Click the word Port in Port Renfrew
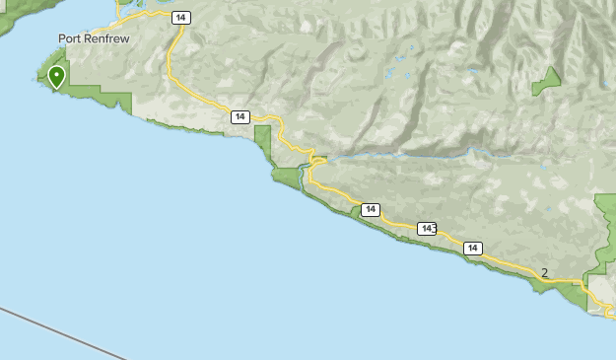[71, 38]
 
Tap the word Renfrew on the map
[109, 38]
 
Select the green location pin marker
[57, 76]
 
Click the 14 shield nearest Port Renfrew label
[178, 18]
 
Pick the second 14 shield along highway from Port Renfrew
[240, 117]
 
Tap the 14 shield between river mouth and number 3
[370, 209]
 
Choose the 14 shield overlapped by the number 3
[425, 229]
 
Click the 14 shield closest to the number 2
[473, 249]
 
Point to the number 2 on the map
[544, 273]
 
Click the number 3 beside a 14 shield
[434, 228]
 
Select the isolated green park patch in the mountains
[547, 81]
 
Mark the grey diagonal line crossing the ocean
[59, 332]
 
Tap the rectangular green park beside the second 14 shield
[262, 139]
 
